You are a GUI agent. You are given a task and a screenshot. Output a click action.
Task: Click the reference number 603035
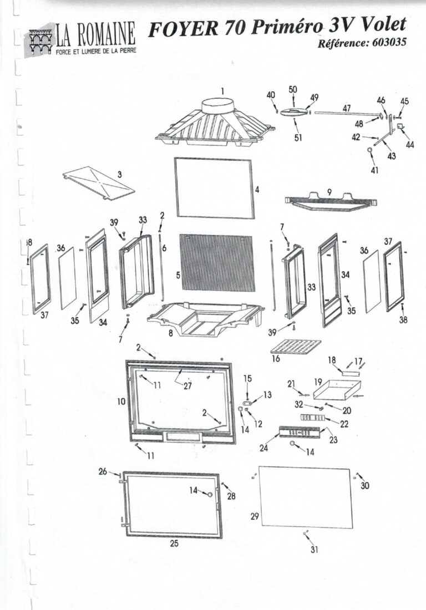coord(389,42)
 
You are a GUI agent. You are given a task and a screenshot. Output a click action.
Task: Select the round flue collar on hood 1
coord(219,105)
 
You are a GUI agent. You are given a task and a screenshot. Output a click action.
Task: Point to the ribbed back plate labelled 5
coord(217,262)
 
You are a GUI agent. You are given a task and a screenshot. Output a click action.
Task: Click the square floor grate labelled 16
coord(296,346)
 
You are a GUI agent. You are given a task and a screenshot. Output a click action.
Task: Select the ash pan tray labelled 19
coord(337,390)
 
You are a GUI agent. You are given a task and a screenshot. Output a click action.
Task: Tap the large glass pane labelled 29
coord(306,497)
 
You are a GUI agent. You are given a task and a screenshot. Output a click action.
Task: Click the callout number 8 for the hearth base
coord(170,333)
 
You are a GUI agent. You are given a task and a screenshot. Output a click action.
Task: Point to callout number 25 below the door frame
coord(174,543)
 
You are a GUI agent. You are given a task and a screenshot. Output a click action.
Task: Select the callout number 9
coord(329,191)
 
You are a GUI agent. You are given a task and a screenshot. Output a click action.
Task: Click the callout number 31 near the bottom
coord(315,550)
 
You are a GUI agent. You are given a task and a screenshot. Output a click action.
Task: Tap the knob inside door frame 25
coord(210,495)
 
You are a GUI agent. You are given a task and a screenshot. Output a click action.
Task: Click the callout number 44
coord(410,145)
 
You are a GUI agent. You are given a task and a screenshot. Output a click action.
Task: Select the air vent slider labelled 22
coord(312,418)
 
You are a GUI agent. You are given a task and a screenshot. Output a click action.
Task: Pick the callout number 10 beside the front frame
coord(121,401)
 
